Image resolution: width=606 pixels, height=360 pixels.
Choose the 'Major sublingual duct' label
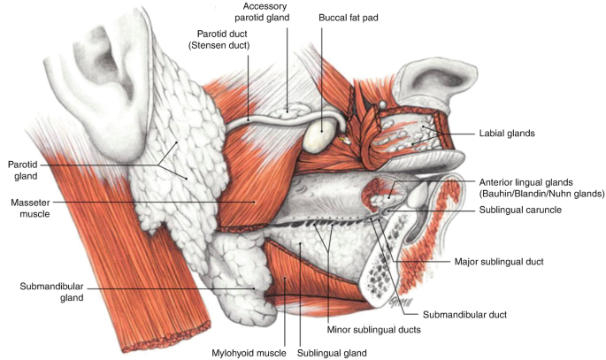498,262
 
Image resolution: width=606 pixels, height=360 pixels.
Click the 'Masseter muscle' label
29,207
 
